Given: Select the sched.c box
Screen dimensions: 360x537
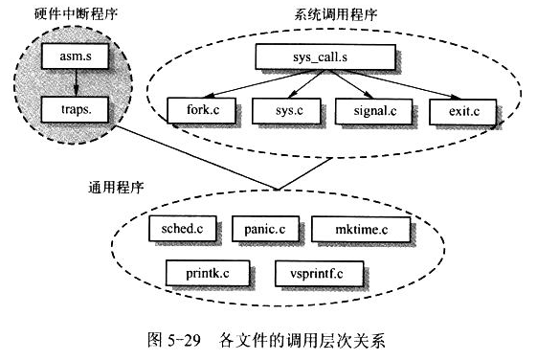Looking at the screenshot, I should click(184, 229).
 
